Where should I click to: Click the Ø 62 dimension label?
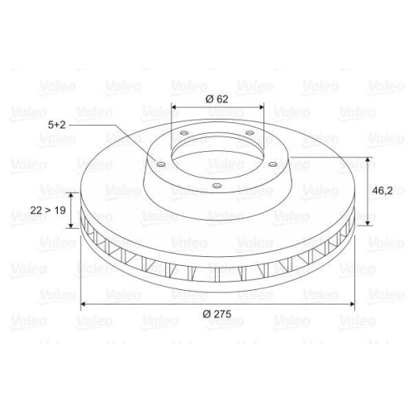coord(217,99)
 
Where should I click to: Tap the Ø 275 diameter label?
coord(217,314)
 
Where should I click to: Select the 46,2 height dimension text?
coord(382,191)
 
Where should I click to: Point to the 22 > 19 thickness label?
coord(48,211)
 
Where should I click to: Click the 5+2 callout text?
coord(57,125)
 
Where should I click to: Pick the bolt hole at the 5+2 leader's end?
coord(161,164)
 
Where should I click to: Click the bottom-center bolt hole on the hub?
coord(217,186)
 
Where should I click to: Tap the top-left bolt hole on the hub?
coord(184,133)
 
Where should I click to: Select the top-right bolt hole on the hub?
coord(249,133)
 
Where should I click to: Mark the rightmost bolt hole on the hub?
coord(273,164)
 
